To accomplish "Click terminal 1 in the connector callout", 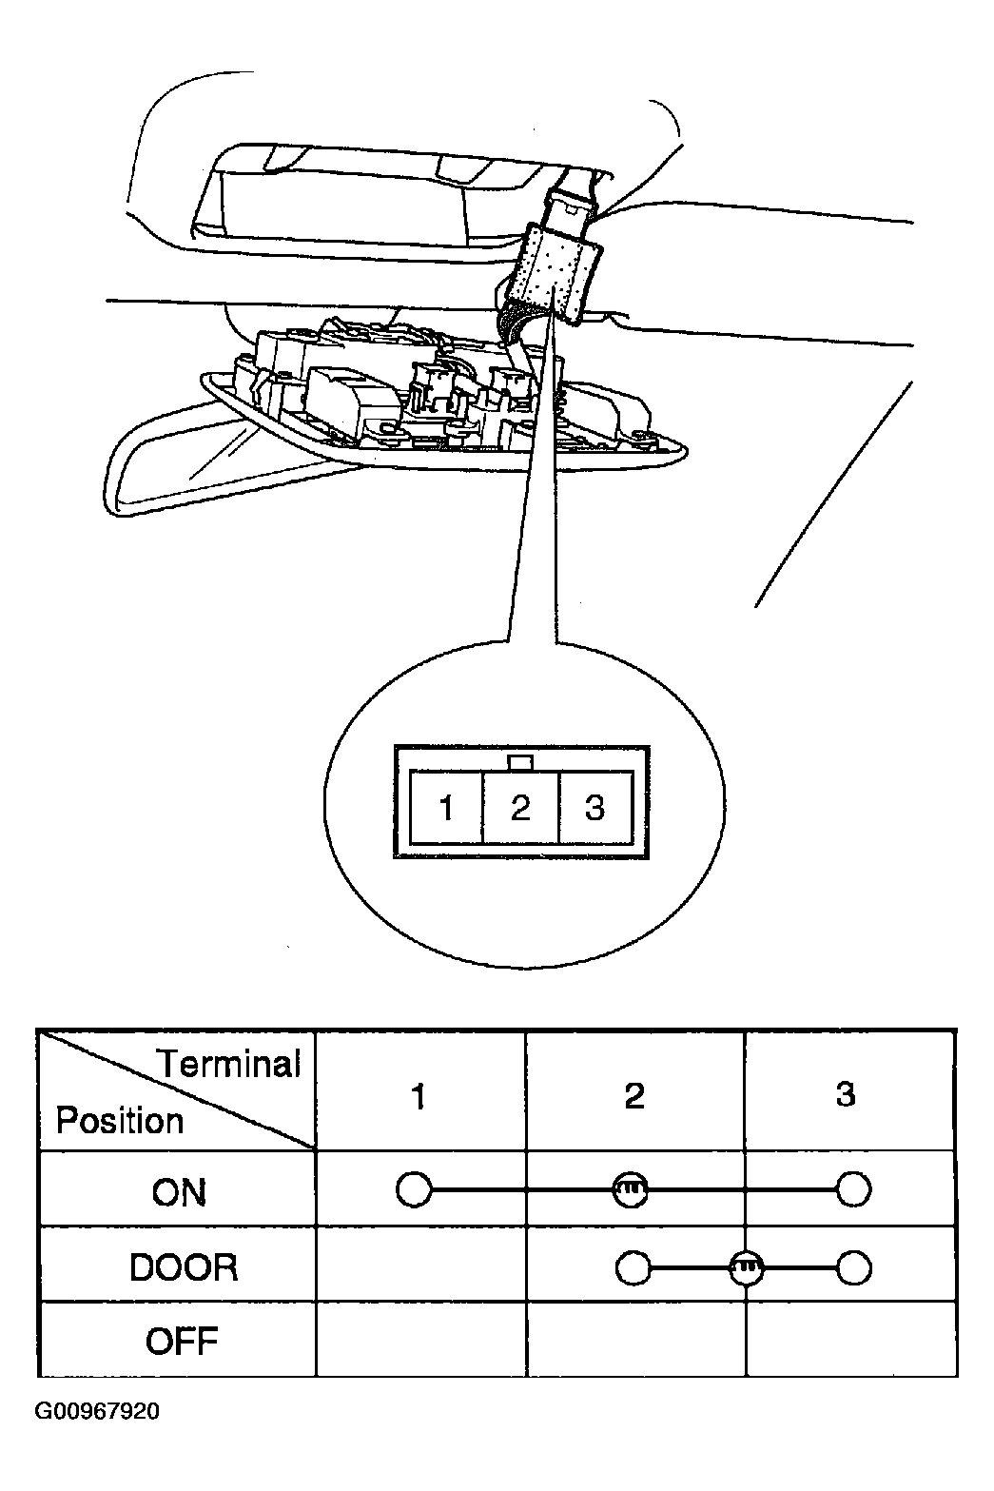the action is (446, 808).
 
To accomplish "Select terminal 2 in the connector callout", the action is (520, 808).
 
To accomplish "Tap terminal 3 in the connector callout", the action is (594, 808).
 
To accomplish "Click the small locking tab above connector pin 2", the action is (519, 763).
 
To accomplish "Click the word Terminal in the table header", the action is (229, 1063).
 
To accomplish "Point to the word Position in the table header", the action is (120, 1121).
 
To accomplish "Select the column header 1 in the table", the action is (419, 1096).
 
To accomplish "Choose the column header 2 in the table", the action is (634, 1095).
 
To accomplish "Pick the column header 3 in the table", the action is (846, 1094).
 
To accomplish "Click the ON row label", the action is (179, 1193).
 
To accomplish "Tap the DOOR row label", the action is (184, 1268).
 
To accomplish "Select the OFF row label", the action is (182, 1342).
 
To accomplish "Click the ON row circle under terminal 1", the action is (414, 1189).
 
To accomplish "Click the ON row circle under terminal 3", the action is (853, 1189).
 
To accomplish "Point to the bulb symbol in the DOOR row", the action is (747, 1268).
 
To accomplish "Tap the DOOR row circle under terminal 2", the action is (633, 1268).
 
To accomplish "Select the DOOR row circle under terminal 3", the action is (853, 1268).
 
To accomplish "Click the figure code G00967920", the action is (97, 1412).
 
